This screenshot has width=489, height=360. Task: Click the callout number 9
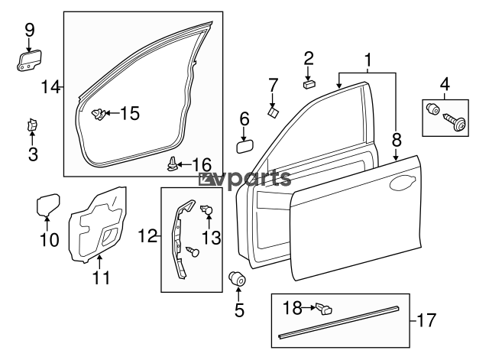(x=29, y=31)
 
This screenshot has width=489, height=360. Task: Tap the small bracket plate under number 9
(x=29, y=60)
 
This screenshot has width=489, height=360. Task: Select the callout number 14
(x=50, y=86)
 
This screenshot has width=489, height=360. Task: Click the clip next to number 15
(x=98, y=114)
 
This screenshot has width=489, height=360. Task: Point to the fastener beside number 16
(x=173, y=164)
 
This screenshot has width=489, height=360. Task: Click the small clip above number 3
(x=31, y=125)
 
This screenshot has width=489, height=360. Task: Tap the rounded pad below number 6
(x=245, y=147)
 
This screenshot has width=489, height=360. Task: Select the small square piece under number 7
(x=274, y=112)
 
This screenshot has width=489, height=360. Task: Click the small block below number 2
(x=309, y=84)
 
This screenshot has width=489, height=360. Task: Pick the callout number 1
(x=368, y=60)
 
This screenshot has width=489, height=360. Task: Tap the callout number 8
(x=397, y=140)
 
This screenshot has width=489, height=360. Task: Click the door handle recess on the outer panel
(x=403, y=183)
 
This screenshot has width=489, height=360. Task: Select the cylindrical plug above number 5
(x=238, y=278)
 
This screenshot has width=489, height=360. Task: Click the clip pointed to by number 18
(x=324, y=309)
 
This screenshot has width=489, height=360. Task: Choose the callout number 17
(x=426, y=320)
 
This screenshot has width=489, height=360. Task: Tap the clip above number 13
(x=207, y=209)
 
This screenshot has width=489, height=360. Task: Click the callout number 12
(x=147, y=236)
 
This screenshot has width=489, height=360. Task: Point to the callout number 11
(x=102, y=278)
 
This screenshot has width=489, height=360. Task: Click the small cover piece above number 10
(x=48, y=205)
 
